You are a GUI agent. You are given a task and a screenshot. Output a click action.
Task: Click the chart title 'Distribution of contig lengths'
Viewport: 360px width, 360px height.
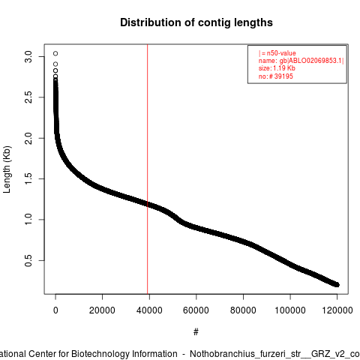click(196, 22)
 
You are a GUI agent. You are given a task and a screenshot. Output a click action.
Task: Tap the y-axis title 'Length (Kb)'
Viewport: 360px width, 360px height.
click(7, 169)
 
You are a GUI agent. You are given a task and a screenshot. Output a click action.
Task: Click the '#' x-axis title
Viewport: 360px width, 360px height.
click(196, 332)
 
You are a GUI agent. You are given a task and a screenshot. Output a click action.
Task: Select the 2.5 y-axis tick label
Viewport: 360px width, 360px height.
click(28, 97)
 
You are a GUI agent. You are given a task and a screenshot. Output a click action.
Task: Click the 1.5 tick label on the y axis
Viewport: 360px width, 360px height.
click(28, 178)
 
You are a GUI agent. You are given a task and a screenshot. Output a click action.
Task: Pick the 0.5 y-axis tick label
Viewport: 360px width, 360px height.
click(28, 260)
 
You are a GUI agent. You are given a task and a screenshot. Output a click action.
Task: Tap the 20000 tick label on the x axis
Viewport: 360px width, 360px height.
click(102, 310)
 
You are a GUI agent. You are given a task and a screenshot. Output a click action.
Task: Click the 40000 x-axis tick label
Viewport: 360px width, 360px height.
click(149, 310)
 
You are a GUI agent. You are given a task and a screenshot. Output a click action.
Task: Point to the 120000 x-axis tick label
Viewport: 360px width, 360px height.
click(337, 310)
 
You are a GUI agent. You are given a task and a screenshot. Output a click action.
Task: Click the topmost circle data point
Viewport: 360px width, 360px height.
click(55, 53)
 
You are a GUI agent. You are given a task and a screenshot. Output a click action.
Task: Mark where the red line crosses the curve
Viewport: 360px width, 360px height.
click(148, 204)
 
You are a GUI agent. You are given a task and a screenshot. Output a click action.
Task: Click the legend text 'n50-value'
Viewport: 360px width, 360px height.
click(281, 53)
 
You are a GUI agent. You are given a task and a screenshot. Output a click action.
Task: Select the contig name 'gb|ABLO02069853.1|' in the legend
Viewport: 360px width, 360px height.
click(311, 61)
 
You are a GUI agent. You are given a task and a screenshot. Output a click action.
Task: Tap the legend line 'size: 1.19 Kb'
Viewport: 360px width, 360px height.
click(277, 68)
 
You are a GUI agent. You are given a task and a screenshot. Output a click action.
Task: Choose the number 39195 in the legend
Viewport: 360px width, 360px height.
click(283, 76)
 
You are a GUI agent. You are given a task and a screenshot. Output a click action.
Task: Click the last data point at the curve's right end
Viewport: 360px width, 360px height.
click(337, 284)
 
